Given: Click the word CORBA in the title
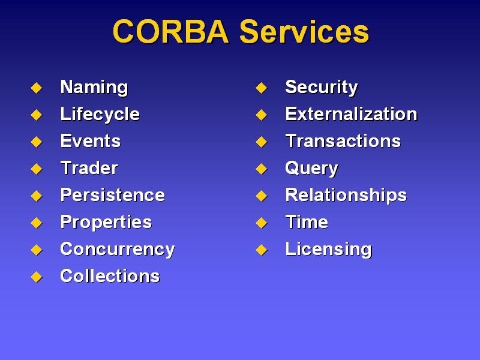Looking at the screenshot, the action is click(x=171, y=32).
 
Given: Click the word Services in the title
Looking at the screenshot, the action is click(x=304, y=32).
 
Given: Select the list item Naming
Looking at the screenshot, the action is click(x=94, y=88).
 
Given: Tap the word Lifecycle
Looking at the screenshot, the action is click(x=100, y=115).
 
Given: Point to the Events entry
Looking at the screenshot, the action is click(x=91, y=141).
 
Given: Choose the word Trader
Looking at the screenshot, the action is click(x=89, y=168).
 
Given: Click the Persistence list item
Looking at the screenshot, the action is click(x=113, y=195).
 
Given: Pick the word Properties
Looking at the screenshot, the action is click(x=106, y=223).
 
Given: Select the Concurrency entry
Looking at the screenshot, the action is click(x=118, y=250).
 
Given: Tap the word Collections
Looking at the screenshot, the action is click(x=110, y=276).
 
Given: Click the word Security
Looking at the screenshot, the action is click(x=322, y=88).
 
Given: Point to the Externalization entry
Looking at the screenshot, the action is click(x=351, y=114).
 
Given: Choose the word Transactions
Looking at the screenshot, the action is click(x=343, y=141).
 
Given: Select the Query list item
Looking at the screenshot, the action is click(x=311, y=169).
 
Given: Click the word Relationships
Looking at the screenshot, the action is click(x=346, y=196).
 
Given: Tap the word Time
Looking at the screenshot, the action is click(x=307, y=222).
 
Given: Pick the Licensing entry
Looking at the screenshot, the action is click(x=328, y=250).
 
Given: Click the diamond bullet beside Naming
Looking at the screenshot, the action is click(x=37, y=88).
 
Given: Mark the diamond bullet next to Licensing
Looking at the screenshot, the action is click(x=262, y=250).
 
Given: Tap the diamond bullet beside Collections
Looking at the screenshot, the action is click(x=37, y=277).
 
